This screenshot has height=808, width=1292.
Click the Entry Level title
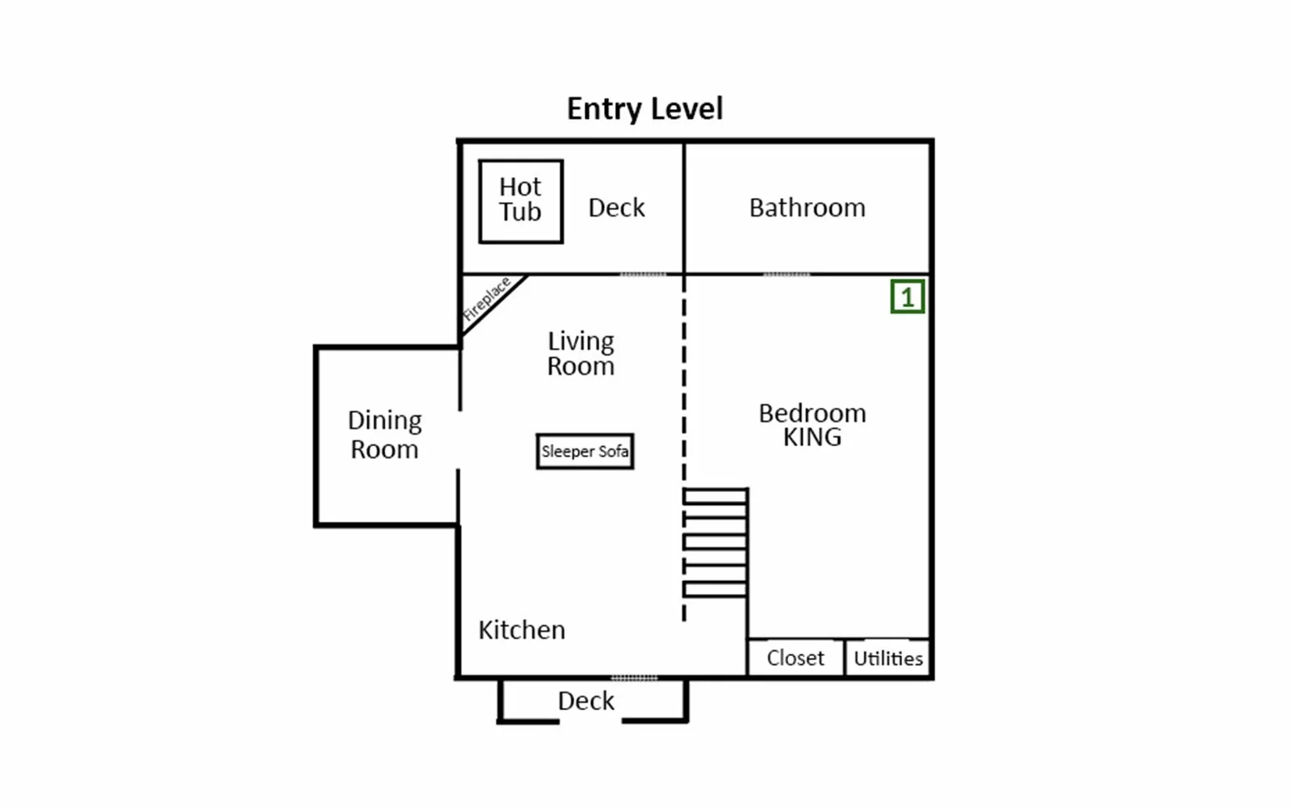[x=644, y=109]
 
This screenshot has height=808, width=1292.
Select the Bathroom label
[x=807, y=208]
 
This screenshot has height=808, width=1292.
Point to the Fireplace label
[x=487, y=299]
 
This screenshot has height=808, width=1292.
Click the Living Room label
[x=581, y=353]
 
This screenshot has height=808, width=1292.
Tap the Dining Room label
[x=384, y=435]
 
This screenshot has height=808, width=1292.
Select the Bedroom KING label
[x=812, y=425]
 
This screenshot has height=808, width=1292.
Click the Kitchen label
[x=522, y=630]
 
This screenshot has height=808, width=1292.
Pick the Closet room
[x=796, y=658]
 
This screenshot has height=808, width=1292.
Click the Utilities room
[x=887, y=658]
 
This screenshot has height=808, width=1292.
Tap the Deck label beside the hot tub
[x=616, y=208]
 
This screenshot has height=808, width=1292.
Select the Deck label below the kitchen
[x=586, y=701]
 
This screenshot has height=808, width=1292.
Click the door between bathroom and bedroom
[x=787, y=275]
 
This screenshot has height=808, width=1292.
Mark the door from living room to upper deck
[x=643, y=275]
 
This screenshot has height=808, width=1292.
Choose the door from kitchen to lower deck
[x=634, y=678]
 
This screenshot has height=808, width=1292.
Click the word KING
[x=812, y=437]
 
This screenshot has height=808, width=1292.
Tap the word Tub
[x=520, y=211]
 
